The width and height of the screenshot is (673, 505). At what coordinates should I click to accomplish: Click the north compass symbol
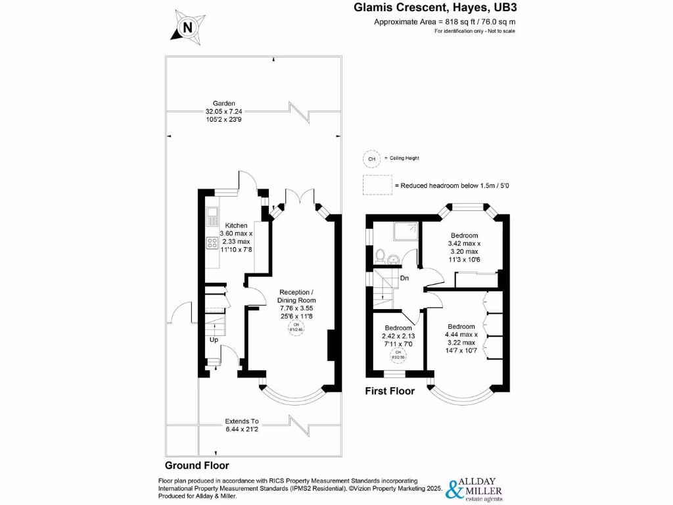187,27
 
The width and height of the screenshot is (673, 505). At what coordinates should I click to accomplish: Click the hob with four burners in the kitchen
213,243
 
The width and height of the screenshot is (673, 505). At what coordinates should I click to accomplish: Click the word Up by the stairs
214,340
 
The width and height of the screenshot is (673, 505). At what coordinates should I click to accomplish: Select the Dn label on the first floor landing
405,278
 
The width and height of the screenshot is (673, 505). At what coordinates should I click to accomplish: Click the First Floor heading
390,391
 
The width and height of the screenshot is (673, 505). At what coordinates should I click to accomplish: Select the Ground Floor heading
197,465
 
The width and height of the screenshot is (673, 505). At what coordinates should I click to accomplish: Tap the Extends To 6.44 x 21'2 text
242,425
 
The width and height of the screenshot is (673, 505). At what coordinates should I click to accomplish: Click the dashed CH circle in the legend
371,158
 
